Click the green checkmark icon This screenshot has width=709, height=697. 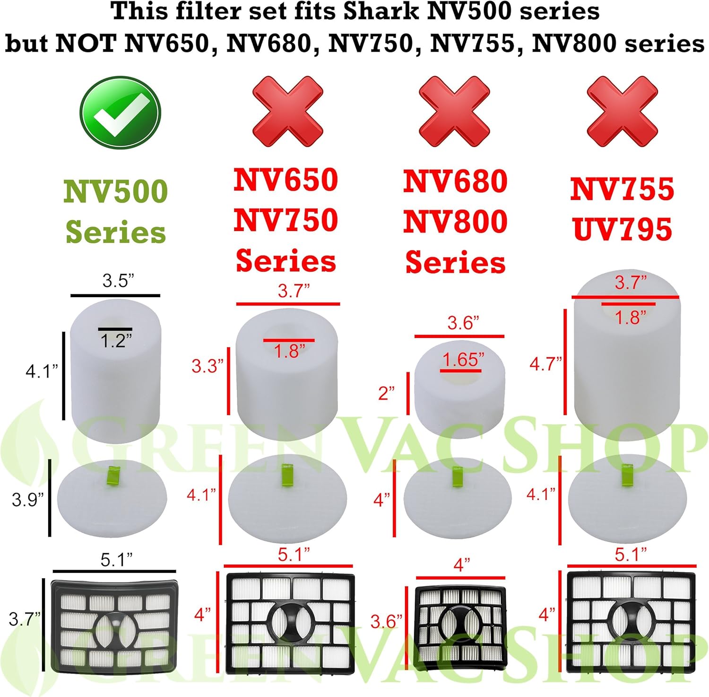tap(120, 113)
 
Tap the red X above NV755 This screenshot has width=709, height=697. tap(622, 112)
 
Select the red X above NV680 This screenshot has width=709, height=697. tap(454, 112)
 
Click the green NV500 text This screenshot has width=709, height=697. tap(116, 192)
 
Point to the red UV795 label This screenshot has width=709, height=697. tap(622, 229)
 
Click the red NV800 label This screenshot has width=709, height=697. tap(455, 221)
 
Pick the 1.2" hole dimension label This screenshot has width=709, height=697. tap(116, 341)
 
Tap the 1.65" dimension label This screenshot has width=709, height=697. tap(463, 360)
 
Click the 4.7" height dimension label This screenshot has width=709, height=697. tap(545, 364)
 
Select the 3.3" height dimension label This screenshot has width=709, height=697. tap(207, 366)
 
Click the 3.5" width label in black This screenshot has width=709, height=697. tap(118, 281)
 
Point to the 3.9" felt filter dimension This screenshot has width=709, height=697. tap(27, 500)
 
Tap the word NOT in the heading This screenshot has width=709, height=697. tap(86, 44)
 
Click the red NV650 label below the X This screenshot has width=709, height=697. tap(285, 180)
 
